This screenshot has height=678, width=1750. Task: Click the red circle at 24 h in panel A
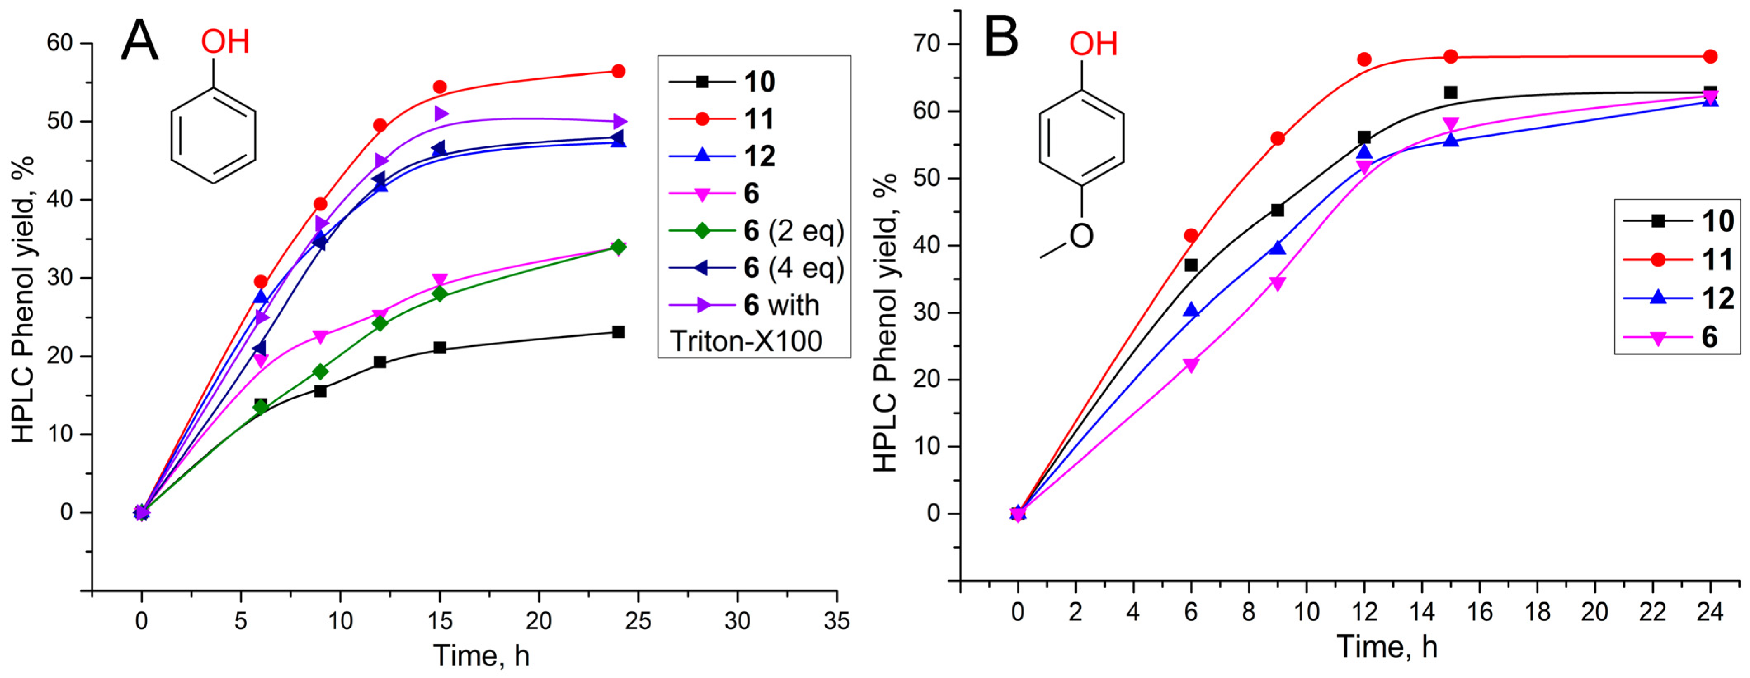coord(618,71)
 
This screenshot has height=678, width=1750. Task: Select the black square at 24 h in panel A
coord(618,332)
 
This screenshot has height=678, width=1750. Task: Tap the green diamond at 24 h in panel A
coord(618,247)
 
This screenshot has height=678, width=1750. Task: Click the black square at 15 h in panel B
coord(1450,92)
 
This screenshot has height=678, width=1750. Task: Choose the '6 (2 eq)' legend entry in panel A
coord(793,231)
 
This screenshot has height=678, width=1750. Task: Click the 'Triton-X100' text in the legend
coord(746,340)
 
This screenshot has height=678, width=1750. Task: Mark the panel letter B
coord(1001,39)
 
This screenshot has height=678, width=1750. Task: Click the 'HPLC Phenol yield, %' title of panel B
coord(885,323)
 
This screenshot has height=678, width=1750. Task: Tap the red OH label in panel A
coord(225,42)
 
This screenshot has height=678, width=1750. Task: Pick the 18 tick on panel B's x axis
coord(1538,612)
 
